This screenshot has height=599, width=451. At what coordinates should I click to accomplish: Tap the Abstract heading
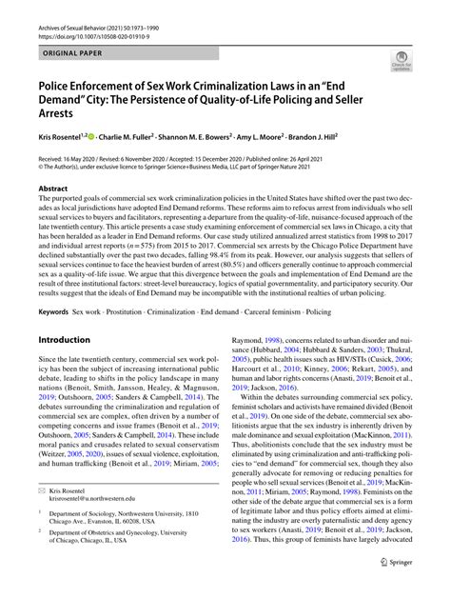(x=52, y=189)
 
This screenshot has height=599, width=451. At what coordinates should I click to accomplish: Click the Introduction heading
(x=69, y=338)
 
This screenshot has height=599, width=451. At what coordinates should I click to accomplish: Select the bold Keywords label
(x=56, y=310)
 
